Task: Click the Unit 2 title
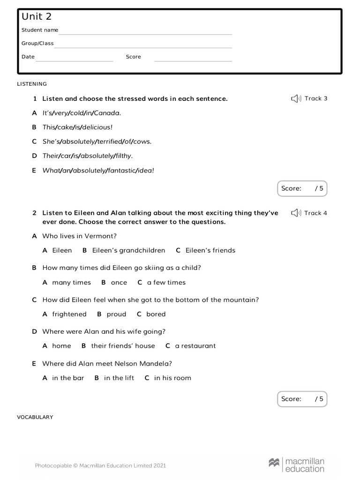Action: click(x=37, y=17)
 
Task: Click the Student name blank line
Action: click(x=145, y=34)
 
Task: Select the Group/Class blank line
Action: click(x=143, y=47)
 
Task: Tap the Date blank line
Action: click(x=74, y=60)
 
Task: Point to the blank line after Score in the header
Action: click(x=193, y=60)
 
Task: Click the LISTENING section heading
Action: click(x=32, y=84)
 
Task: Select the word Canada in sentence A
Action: click(x=107, y=113)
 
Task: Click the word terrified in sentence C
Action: click(x=109, y=142)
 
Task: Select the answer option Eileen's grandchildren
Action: click(x=128, y=250)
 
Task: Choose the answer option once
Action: click(x=119, y=283)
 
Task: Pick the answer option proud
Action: click(x=116, y=315)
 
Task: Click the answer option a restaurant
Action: click(x=195, y=346)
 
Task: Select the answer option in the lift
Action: click(x=119, y=378)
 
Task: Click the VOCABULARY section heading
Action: click(x=35, y=417)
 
